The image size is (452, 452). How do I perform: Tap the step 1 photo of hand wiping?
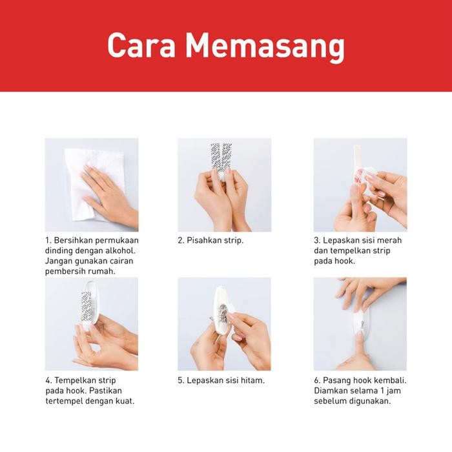(92, 185)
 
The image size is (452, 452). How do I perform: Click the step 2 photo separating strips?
(224, 185)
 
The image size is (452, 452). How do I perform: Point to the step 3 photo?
(360, 185)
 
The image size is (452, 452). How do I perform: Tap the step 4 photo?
(92, 324)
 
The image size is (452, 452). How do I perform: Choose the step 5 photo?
(224, 324)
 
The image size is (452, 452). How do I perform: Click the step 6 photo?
(360, 324)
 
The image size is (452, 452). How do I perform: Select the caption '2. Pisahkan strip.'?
(211, 240)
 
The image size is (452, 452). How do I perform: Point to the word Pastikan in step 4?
(105, 391)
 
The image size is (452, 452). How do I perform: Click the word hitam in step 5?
(251, 380)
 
